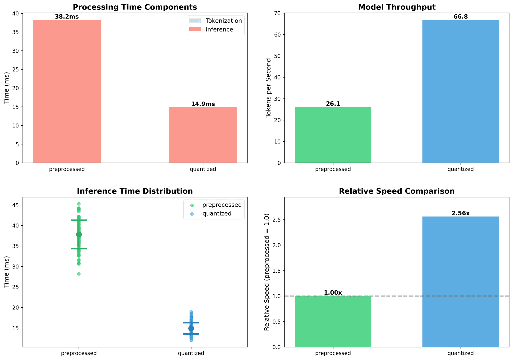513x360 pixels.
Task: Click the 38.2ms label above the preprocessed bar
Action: (x=67, y=17)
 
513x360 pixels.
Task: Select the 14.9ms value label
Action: (x=203, y=104)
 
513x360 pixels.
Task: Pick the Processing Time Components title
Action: (x=135, y=7)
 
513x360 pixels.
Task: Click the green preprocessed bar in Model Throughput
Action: (x=333, y=135)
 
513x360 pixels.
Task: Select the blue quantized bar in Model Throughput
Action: (x=461, y=91)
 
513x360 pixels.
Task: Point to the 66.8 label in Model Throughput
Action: (x=461, y=17)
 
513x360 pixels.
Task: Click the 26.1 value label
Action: (x=333, y=104)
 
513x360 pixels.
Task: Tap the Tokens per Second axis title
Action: (x=269, y=88)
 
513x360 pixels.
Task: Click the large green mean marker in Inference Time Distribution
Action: (x=79, y=234)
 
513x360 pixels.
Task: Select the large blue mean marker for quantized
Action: (x=191, y=328)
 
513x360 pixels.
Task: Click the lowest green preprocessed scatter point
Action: (x=79, y=274)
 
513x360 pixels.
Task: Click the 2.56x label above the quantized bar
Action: (x=461, y=213)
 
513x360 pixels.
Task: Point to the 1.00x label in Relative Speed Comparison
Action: (x=333, y=293)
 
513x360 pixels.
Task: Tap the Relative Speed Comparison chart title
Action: (x=397, y=191)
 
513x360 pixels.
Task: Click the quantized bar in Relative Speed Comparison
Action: (x=461, y=282)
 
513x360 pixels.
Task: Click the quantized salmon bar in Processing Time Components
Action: (x=203, y=135)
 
